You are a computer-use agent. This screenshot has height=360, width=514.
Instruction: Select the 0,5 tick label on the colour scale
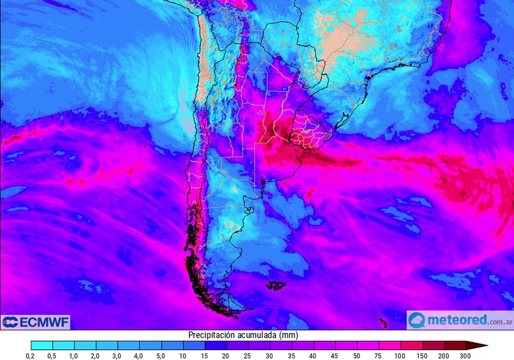(52, 355)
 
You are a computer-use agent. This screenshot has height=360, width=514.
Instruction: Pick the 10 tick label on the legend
(183, 355)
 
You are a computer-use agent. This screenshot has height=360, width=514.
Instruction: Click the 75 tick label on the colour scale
(378, 355)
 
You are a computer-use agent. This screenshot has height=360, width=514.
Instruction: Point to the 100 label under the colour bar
(400, 355)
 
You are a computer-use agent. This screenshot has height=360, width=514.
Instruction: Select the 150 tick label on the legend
(422, 355)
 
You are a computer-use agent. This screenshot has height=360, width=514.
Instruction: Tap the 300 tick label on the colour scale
(466, 355)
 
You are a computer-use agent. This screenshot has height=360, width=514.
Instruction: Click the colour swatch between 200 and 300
(455, 346)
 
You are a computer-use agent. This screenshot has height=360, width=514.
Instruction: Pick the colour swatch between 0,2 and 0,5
(42, 346)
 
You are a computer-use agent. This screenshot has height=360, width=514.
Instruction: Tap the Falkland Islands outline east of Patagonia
(276, 284)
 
